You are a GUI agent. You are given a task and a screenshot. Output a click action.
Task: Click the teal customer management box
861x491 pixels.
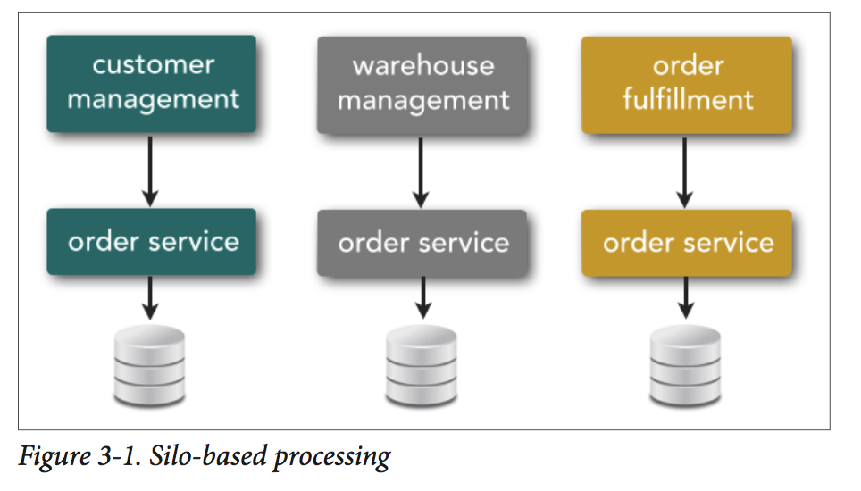(x=152, y=84)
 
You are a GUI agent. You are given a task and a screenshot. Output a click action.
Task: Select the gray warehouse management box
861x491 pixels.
(x=422, y=85)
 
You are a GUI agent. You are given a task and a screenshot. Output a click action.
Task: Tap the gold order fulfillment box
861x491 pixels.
(x=687, y=85)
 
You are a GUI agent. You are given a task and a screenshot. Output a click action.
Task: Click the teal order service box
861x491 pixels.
(x=152, y=242)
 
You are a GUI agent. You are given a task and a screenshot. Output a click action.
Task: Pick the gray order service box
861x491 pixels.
(x=422, y=243)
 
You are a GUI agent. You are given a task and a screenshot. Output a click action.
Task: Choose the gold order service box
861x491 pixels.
(x=687, y=243)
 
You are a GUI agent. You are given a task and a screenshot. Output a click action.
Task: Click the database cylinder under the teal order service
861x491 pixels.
(x=149, y=365)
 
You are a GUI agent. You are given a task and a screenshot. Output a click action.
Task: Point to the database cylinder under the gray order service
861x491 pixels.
(x=422, y=365)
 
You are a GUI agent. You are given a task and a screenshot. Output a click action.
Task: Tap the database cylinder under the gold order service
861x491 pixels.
(x=685, y=365)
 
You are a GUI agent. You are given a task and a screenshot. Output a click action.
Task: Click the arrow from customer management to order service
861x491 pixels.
(x=150, y=171)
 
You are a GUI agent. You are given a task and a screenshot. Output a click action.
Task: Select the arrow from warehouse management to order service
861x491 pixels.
(x=421, y=172)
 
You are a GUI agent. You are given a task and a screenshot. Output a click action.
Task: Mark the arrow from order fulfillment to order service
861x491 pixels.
(x=684, y=172)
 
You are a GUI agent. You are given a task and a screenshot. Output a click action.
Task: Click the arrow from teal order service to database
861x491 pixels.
(x=150, y=298)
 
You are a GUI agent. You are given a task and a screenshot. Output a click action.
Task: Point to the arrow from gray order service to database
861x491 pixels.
(x=422, y=298)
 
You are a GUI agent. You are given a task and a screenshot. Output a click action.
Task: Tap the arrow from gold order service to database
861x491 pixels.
(x=685, y=298)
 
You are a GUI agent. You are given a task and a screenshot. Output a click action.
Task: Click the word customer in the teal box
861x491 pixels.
(x=154, y=65)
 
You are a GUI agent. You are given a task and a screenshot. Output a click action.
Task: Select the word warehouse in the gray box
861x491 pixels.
(x=423, y=66)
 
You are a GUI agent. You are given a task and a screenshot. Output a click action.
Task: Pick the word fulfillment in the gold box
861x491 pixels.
(x=688, y=99)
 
